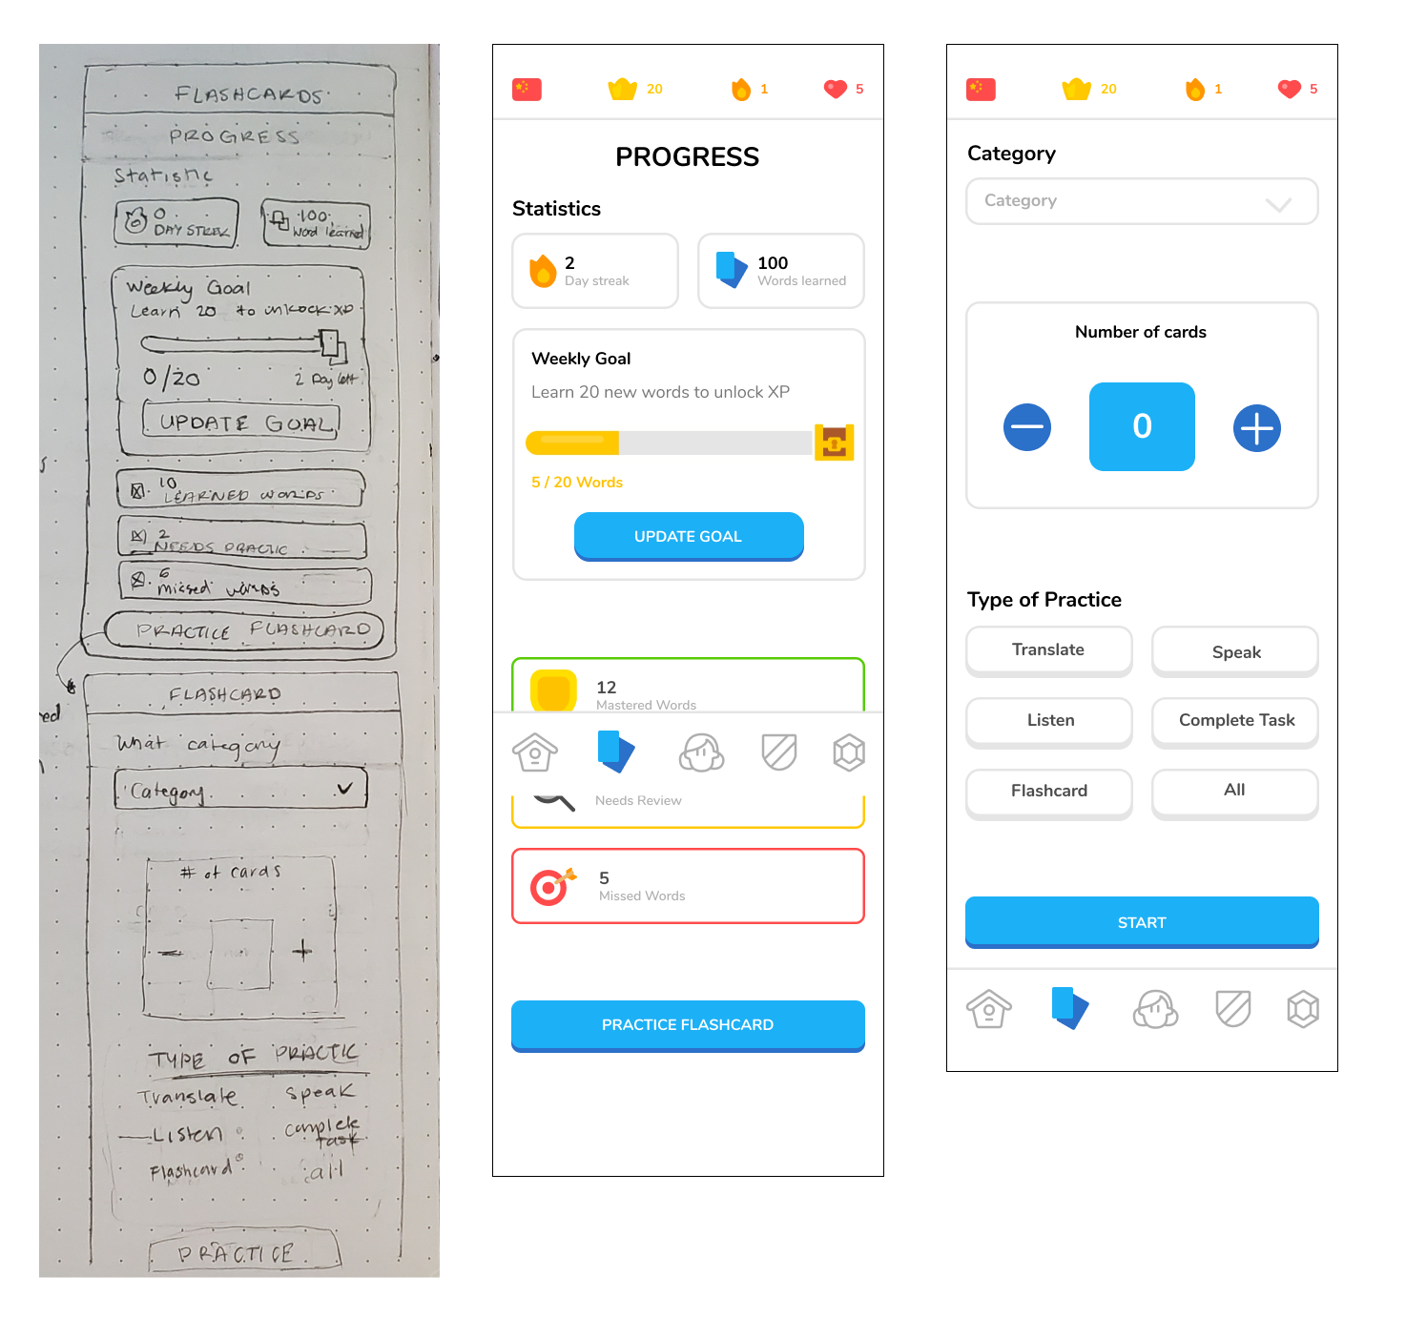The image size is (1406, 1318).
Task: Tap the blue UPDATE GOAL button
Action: tap(688, 536)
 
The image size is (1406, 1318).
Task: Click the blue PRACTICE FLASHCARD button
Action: tap(688, 1024)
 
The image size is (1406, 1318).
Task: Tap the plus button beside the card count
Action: tap(1256, 428)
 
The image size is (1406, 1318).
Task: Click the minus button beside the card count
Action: tap(1027, 427)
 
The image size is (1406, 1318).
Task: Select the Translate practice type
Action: tap(1048, 650)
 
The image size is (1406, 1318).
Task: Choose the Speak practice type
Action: tap(1235, 652)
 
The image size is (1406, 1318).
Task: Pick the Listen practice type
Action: tap(1048, 721)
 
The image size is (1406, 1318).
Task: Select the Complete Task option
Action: tap(1235, 721)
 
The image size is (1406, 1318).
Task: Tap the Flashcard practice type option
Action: tap(1048, 792)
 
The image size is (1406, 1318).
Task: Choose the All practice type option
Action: tap(1235, 791)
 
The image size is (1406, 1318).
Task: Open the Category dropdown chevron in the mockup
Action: tap(1278, 204)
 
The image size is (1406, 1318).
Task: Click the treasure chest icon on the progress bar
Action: tap(834, 443)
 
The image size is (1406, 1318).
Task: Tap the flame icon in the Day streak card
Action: tap(543, 271)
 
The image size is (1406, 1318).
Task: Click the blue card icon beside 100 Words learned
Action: tap(731, 270)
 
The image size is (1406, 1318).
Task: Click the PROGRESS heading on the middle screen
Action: tap(687, 157)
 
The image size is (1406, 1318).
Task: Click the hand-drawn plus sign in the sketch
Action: tap(302, 950)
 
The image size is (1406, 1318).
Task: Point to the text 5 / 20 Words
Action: tap(577, 483)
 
